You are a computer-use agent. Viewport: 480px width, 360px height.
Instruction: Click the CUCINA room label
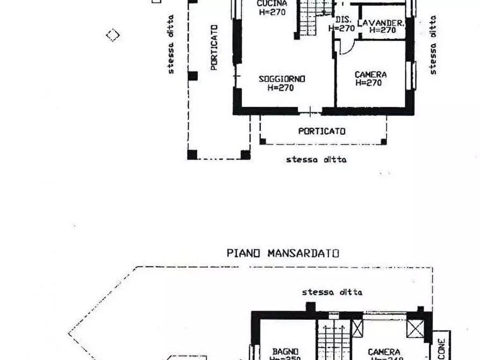[272, 3]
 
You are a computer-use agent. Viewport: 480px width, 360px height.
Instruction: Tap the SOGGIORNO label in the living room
[282, 79]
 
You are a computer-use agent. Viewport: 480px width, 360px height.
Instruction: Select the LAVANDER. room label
[381, 23]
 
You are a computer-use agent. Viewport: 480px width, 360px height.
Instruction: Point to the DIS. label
[343, 20]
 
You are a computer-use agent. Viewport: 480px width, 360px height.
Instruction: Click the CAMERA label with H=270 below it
[370, 75]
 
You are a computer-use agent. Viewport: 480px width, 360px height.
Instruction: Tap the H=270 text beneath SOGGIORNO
[281, 88]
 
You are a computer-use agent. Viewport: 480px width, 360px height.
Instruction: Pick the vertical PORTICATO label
[214, 47]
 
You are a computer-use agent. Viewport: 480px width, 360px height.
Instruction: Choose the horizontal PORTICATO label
[322, 131]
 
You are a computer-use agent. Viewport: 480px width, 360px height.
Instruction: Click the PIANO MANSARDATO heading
[283, 253]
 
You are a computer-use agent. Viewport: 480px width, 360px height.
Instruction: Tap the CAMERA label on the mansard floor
[384, 352]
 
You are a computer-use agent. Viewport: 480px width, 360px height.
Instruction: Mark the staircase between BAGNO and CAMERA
[333, 341]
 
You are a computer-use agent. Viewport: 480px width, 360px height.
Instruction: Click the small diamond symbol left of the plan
[112, 35]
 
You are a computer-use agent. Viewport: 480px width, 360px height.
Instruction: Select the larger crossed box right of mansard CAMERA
[415, 328]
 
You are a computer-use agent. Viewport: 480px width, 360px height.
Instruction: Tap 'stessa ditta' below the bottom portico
[316, 160]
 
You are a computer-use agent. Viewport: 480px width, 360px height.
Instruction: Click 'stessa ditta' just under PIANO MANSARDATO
[332, 292]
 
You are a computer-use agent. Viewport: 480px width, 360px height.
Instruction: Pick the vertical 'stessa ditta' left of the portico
[171, 44]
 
